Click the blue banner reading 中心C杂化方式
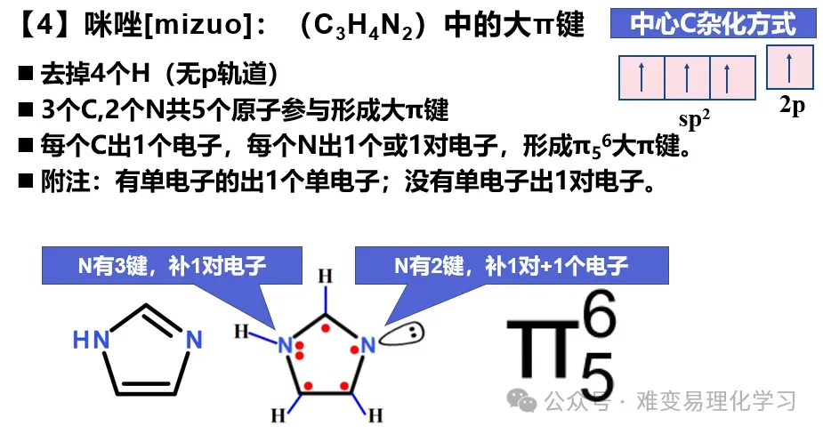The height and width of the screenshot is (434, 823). coord(713,23)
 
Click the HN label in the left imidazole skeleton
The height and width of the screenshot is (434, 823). coord(88,340)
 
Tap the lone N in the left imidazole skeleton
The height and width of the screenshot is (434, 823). coord(194,340)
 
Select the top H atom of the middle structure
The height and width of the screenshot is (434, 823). coord(327,275)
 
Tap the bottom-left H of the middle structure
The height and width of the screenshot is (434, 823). coord(278,414)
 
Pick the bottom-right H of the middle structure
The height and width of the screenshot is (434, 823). coord(375,414)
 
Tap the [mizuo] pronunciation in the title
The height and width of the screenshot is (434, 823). coord(206,26)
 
